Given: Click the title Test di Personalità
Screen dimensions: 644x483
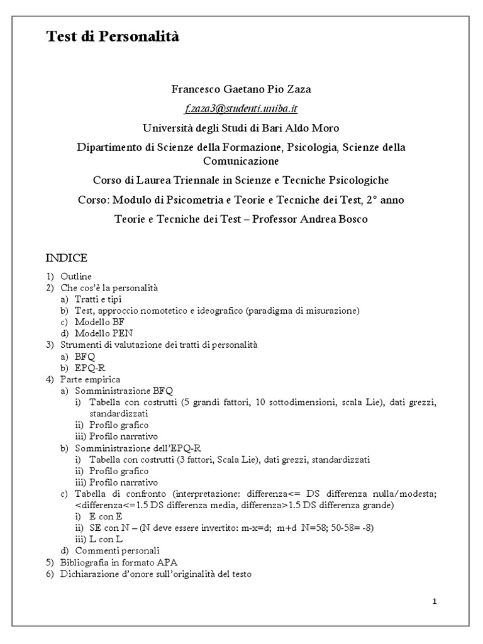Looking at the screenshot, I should click(x=113, y=37).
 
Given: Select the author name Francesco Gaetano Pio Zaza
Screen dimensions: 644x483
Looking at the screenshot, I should click(x=241, y=89).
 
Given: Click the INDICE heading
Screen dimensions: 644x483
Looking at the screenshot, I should click(x=66, y=258).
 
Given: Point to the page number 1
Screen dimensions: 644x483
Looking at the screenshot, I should click(x=435, y=601).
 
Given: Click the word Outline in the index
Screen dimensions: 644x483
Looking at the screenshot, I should click(x=76, y=276).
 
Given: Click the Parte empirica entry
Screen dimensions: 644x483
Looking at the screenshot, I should click(x=90, y=379).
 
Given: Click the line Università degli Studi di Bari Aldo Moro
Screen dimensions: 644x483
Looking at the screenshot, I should click(x=241, y=128).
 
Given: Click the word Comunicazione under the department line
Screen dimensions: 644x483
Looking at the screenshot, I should click(x=241, y=161).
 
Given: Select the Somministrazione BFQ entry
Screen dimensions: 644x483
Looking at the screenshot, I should click(x=123, y=391).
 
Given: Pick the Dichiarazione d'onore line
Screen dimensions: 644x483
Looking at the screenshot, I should click(x=156, y=573).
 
